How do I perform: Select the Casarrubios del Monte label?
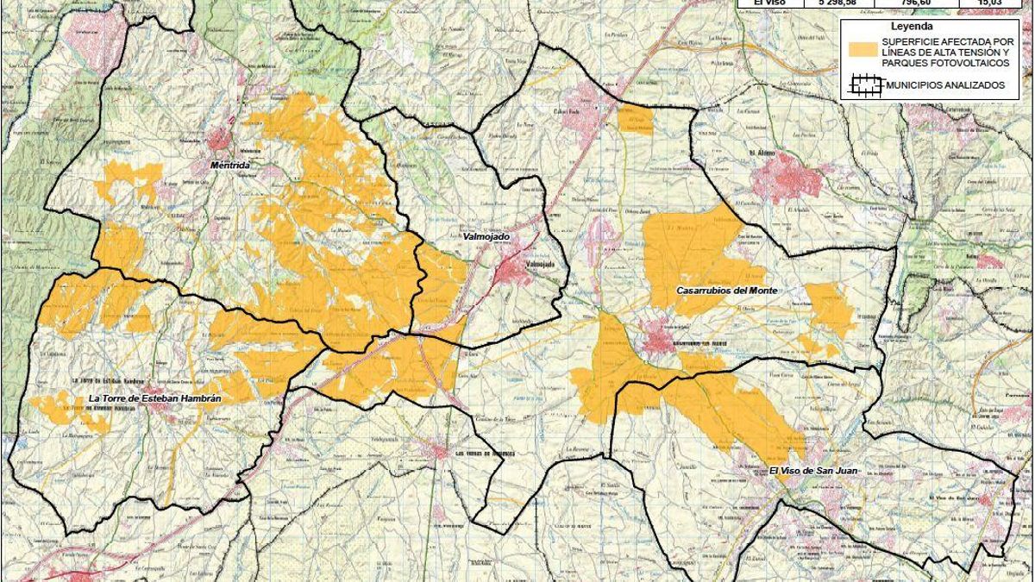click(x=728, y=291)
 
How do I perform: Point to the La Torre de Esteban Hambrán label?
click(x=147, y=398)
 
